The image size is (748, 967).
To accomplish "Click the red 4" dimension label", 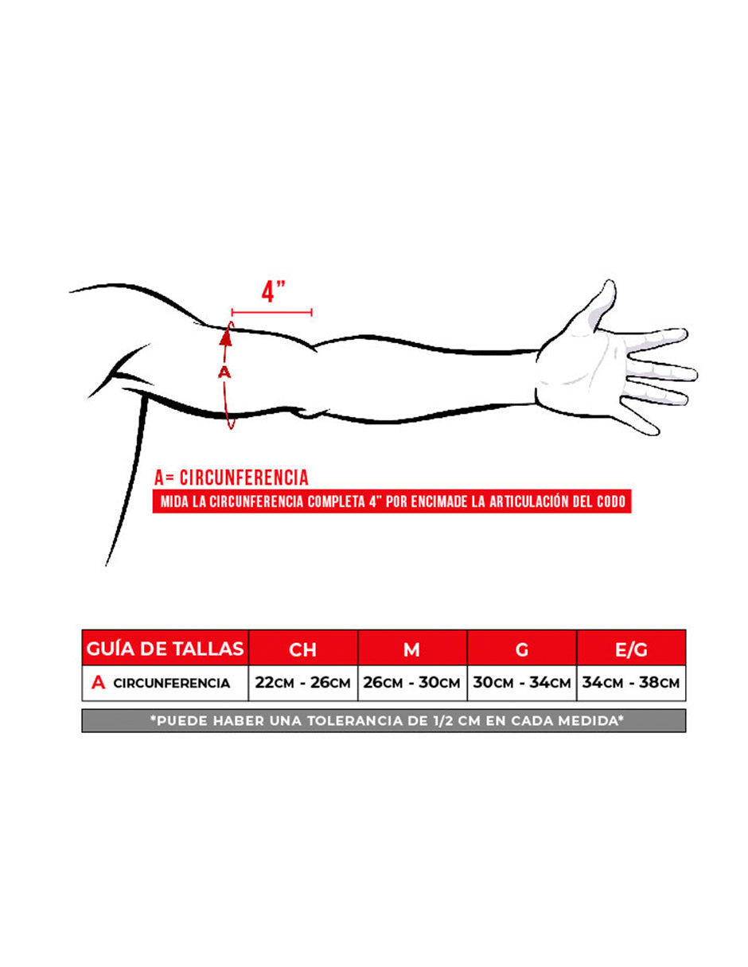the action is [273, 291].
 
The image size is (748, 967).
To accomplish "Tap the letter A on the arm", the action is [224, 372].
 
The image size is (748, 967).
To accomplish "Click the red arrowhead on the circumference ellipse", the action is [226, 338].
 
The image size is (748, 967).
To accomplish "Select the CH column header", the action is [302, 649].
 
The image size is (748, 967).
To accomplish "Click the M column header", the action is [412, 649].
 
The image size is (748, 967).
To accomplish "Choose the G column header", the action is [522, 649].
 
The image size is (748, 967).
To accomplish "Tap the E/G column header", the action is [631, 649].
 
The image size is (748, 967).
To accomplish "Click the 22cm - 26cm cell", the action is [302, 682].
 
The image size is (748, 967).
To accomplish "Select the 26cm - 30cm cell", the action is [412, 682].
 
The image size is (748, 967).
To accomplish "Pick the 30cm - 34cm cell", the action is [522, 682].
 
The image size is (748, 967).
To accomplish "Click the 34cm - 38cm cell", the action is [631, 682].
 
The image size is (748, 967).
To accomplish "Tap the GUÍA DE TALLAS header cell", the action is [165, 649].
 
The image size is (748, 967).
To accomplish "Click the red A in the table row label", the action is [99, 683].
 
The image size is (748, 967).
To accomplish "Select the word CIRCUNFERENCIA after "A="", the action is [243, 478].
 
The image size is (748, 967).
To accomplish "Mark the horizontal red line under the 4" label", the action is [271, 313].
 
